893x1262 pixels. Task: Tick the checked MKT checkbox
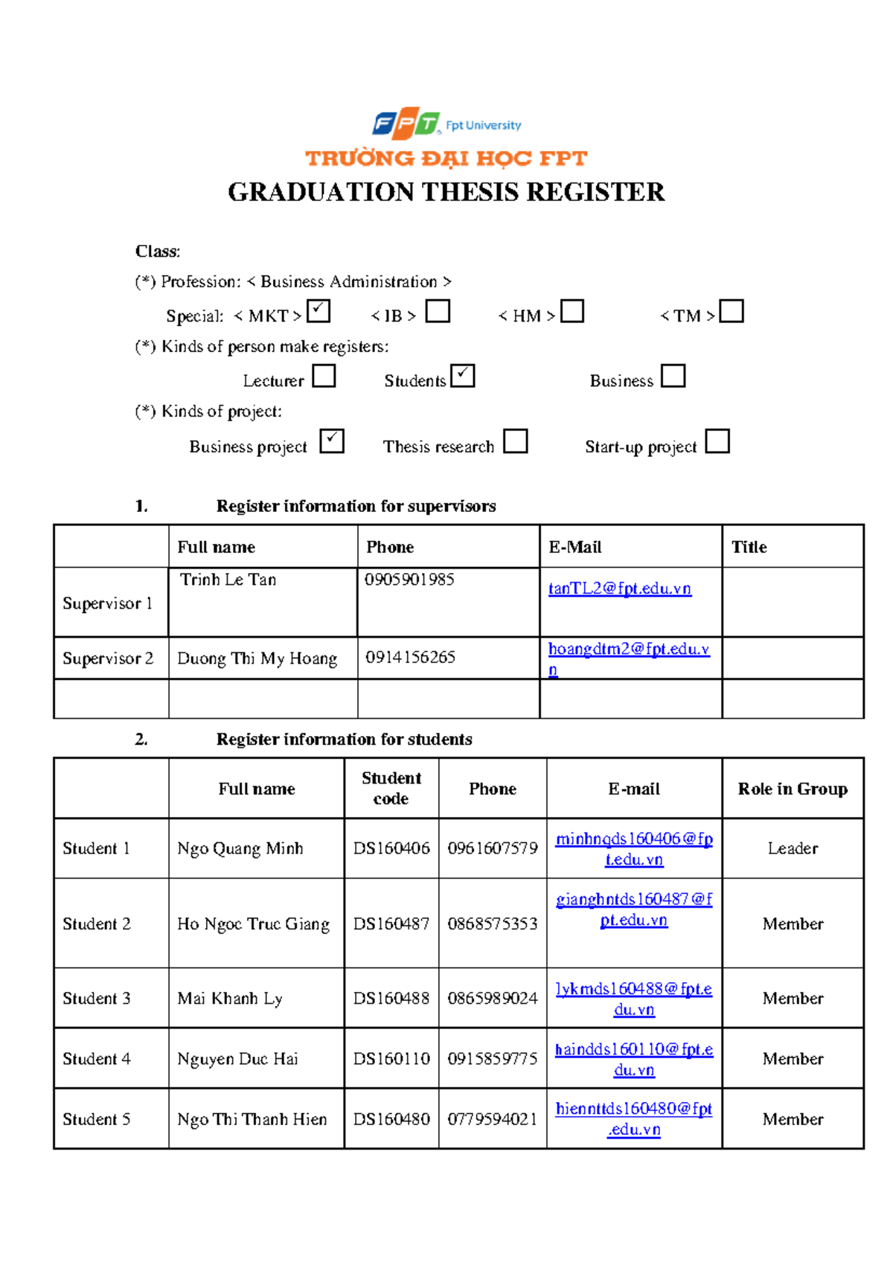(x=319, y=311)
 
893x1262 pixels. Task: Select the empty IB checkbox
(x=438, y=311)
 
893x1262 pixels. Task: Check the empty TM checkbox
(x=732, y=311)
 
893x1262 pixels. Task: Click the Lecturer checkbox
(x=324, y=376)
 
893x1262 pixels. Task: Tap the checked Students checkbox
(x=462, y=376)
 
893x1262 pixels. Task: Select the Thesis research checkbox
(x=515, y=441)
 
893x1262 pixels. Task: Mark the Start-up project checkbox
(x=717, y=441)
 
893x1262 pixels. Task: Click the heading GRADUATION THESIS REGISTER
(x=446, y=192)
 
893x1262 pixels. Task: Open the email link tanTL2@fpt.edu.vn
(x=619, y=589)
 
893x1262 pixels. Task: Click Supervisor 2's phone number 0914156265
(x=410, y=657)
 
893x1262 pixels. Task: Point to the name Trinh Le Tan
(x=228, y=580)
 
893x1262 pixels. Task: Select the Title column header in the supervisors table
(x=749, y=547)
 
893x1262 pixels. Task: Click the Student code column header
(x=391, y=788)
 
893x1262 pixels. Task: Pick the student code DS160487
(x=391, y=923)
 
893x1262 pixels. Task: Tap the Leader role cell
(x=793, y=848)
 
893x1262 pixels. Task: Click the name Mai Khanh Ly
(x=230, y=999)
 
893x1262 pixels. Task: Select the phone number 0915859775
(x=492, y=1058)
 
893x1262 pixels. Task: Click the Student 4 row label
(x=97, y=1058)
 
